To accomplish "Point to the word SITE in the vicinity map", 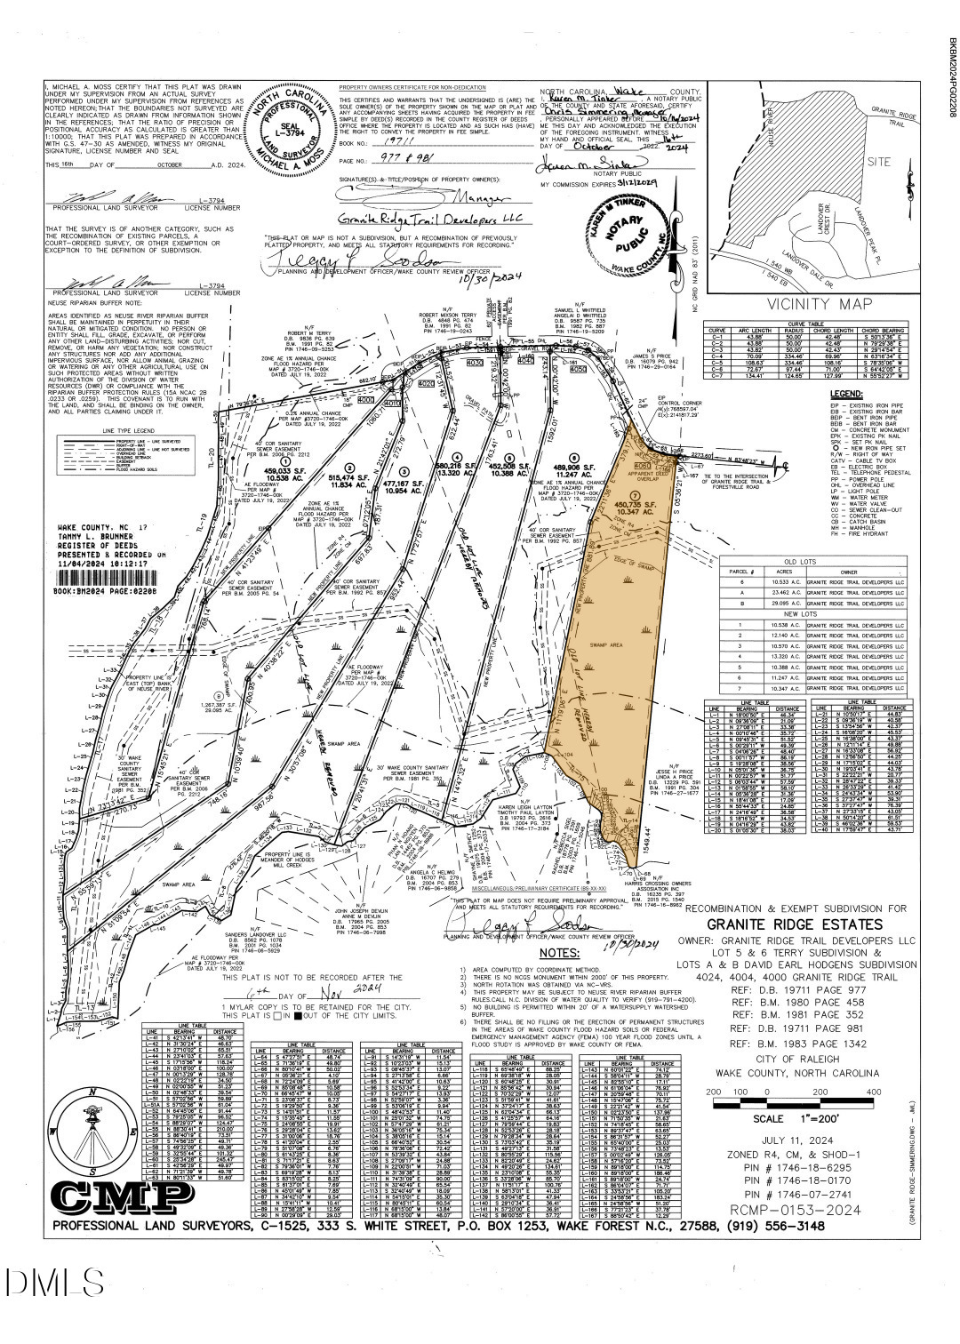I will click(x=878, y=163).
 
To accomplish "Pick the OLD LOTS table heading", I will click(x=821, y=560).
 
